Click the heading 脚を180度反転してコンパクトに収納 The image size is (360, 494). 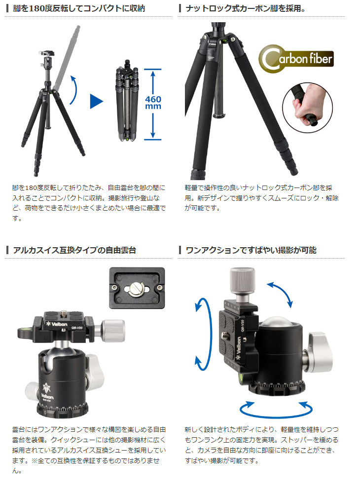coord(79,8)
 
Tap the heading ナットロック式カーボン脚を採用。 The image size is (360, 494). coord(245,8)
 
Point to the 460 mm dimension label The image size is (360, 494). coord(153,103)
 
